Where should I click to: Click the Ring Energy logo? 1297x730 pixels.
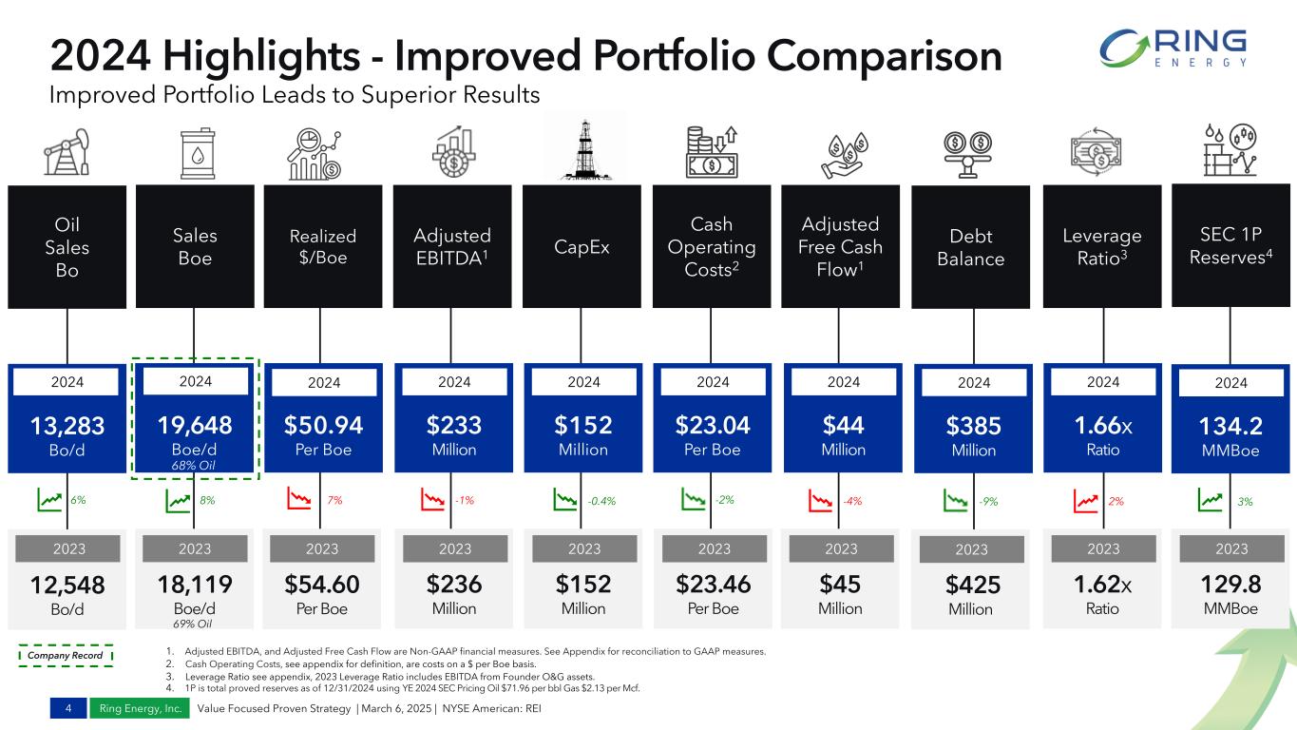point(1173,48)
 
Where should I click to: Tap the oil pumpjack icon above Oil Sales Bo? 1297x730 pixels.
point(67,152)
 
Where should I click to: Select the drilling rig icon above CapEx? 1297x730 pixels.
point(584,149)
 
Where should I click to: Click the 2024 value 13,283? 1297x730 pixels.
point(67,426)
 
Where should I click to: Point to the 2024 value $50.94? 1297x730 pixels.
point(323,425)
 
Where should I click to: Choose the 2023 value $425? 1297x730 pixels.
point(973,585)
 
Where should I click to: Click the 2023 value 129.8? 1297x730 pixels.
point(1231,584)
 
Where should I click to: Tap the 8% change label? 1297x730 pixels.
point(207,500)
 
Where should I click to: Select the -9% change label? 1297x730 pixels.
point(989,501)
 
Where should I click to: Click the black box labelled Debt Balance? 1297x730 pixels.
point(970,247)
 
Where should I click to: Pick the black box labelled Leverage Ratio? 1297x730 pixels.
point(1102,246)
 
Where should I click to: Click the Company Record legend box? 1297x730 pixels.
point(66,655)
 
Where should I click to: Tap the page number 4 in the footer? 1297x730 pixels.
point(68,708)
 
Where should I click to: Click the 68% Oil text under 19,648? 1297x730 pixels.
point(194,465)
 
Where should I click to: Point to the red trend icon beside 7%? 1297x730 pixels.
point(299,499)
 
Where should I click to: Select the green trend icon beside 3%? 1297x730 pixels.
point(1211,500)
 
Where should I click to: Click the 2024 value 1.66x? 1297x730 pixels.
point(1103,426)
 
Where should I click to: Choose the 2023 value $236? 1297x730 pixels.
point(454,584)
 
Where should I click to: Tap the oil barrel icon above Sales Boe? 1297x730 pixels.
point(198,153)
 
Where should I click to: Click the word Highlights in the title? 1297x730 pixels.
point(261,56)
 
